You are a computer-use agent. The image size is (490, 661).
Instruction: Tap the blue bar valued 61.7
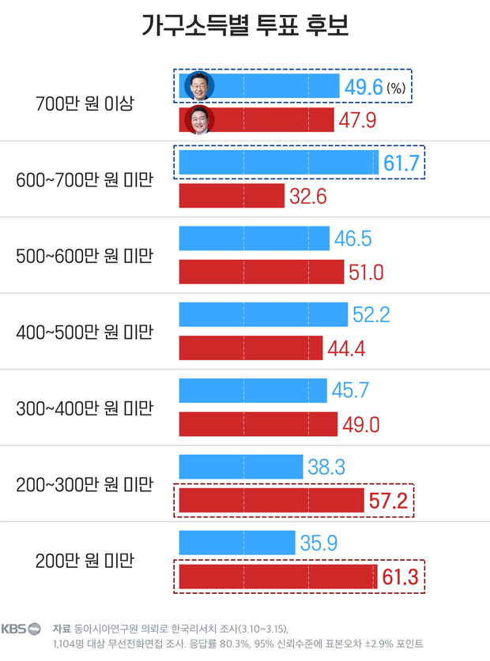tap(279, 162)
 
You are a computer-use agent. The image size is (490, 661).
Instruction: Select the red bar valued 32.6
tap(232, 196)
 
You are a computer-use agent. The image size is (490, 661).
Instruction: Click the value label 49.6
tap(364, 87)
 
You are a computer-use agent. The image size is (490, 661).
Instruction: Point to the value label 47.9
tap(357, 120)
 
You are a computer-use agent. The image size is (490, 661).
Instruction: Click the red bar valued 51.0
tap(262, 272)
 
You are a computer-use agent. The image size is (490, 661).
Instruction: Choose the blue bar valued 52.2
tap(263, 314)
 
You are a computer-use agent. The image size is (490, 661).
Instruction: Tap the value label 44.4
tap(346, 348)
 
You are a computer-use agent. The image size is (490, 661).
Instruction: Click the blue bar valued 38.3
tap(241, 467)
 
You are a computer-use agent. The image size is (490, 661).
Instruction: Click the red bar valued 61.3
tap(277, 577)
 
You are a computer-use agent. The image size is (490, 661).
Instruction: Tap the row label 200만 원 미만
tap(85, 561)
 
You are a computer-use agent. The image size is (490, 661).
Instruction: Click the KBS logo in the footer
tap(21, 629)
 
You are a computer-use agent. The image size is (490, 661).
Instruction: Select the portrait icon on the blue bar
tap(199, 86)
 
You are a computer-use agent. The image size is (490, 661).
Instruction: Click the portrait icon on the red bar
tap(199, 120)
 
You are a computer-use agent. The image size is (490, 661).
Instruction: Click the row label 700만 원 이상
tap(85, 103)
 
